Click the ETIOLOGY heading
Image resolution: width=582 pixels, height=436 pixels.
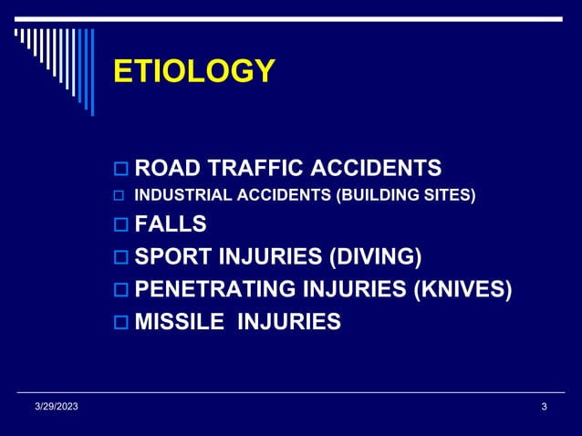(193, 71)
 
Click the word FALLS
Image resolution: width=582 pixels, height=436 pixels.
(171, 224)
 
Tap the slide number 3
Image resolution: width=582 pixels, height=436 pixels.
(544, 406)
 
